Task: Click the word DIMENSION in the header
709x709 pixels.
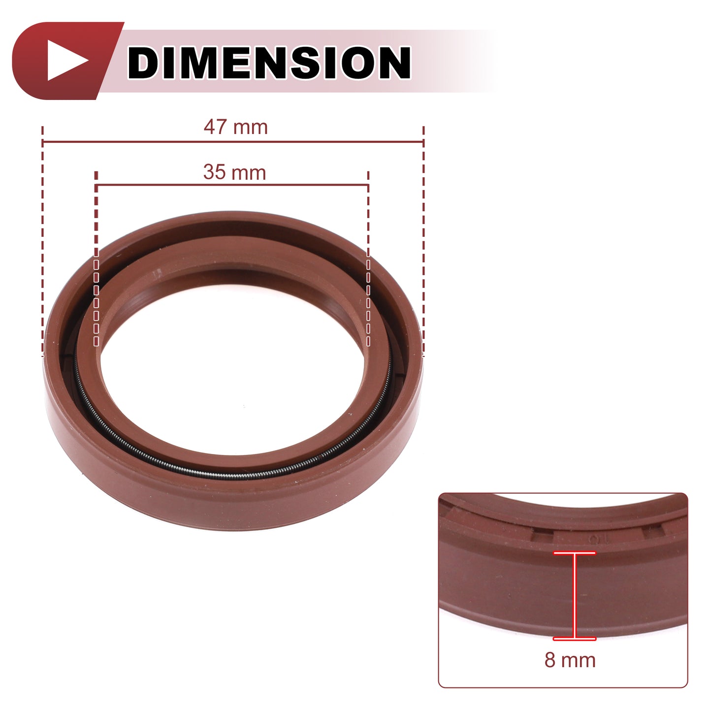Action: (269, 63)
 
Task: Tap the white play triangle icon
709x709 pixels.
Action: (66, 61)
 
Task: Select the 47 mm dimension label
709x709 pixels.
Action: (235, 127)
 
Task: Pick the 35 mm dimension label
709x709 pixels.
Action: (234, 172)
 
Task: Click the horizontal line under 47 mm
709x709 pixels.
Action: (233, 141)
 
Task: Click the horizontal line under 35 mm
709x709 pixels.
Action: (232, 185)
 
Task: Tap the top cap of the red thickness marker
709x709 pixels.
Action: (574, 552)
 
